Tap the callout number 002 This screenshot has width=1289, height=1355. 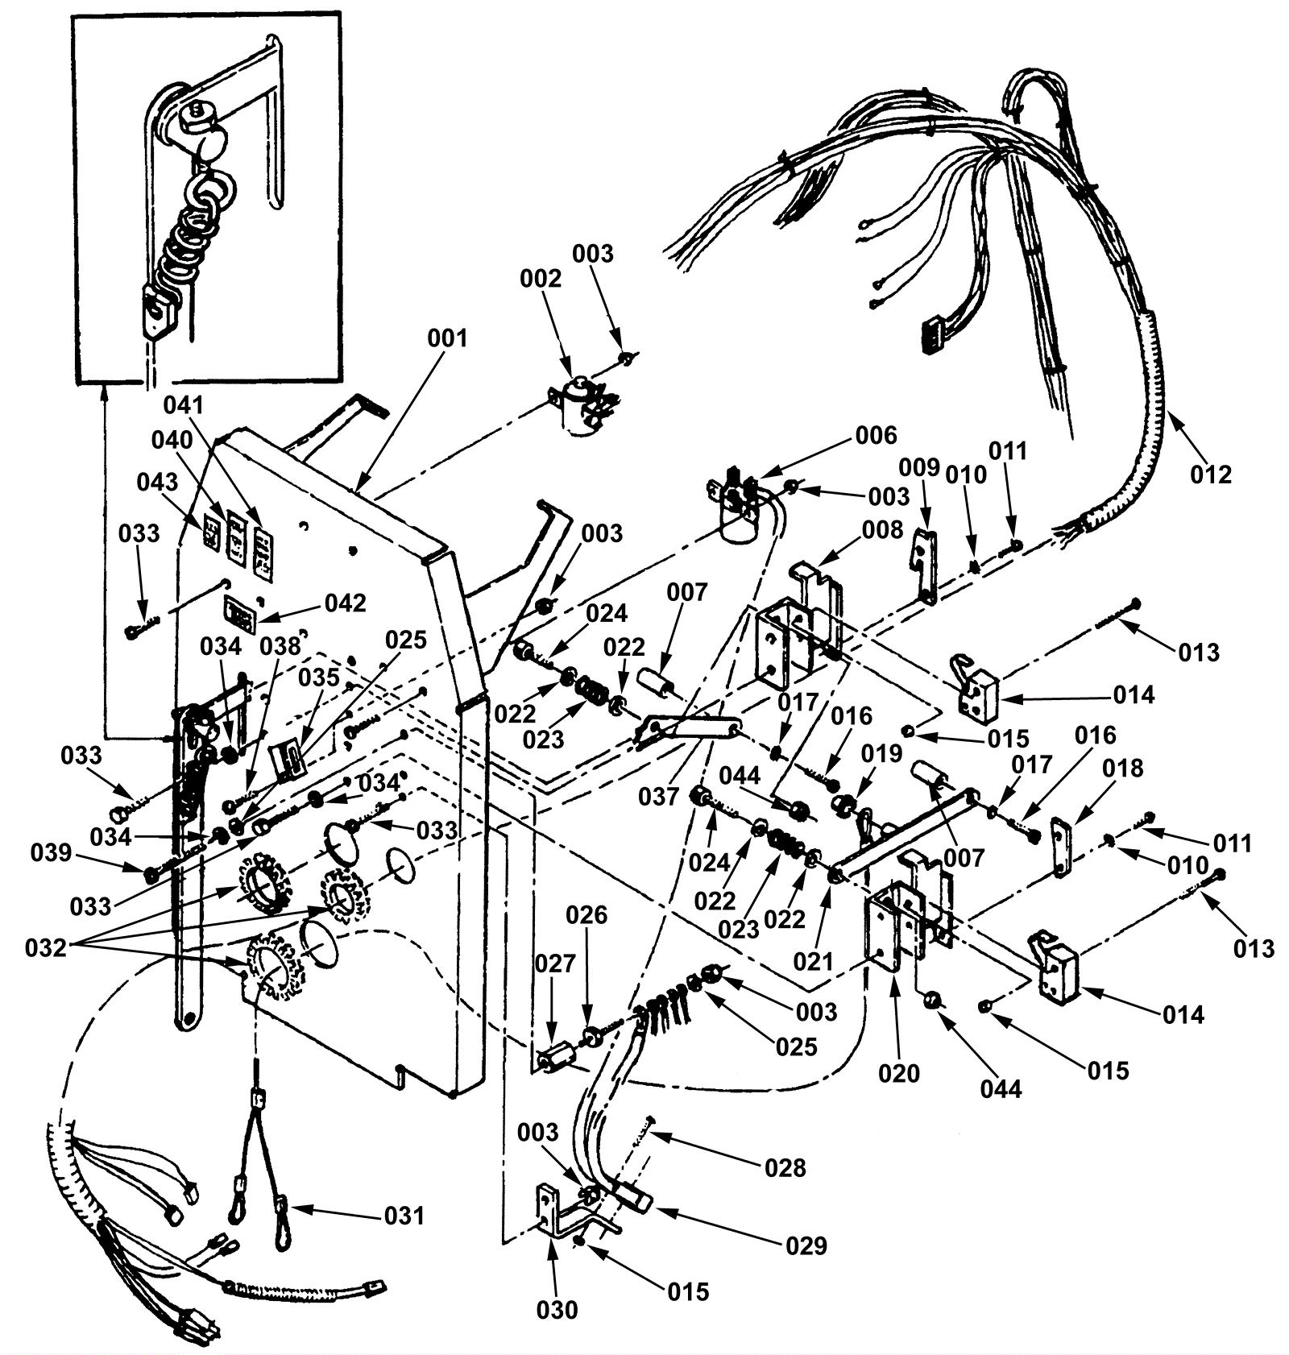coord(540,278)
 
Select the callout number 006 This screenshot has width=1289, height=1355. coord(876,435)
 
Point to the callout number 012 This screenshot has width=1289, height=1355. coord(1211,474)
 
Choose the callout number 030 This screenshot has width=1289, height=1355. coord(557,1309)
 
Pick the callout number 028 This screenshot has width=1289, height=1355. coord(785,1167)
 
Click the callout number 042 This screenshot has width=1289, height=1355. coord(345,603)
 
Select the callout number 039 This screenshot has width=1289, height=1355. coord(52,852)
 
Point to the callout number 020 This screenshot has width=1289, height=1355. coord(899,1073)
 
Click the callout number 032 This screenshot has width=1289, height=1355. coord(46,947)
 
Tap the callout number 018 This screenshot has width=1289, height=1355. coord(1122,768)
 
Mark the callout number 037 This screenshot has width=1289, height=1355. coord(659,797)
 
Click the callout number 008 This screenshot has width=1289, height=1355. coord(882,529)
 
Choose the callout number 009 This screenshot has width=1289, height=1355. coord(919,467)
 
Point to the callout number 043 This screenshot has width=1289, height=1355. coord(157,482)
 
